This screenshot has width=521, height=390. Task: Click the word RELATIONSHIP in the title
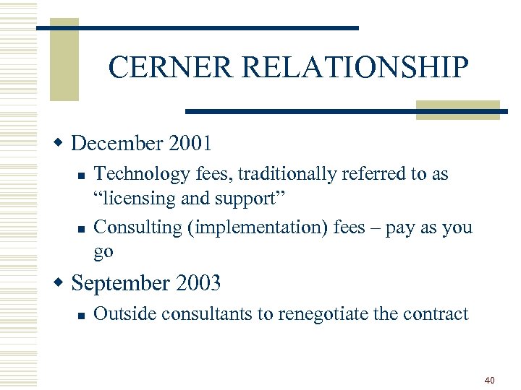(355, 68)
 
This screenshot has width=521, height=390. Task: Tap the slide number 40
(490, 380)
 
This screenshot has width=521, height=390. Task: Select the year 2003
(196, 283)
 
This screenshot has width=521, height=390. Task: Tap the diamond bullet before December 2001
(62, 142)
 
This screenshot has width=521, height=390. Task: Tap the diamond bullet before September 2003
(62, 282)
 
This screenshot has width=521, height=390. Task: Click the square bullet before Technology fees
(82, 175)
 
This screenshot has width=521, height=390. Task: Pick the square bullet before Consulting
(82, 228)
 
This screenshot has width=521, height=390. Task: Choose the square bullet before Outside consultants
(82, 315)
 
